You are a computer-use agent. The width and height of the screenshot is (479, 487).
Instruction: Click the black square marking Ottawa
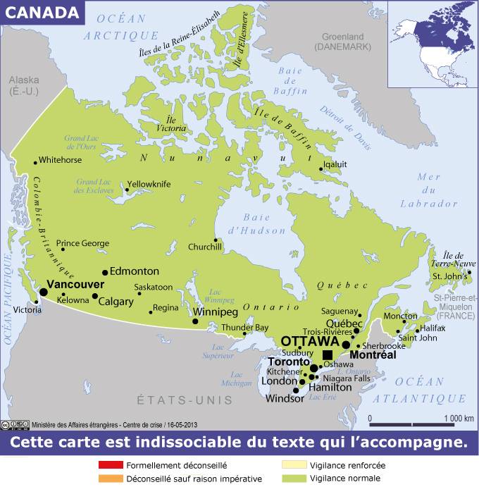tap(328, 355)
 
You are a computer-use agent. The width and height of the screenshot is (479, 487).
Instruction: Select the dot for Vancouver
tap(43, 292)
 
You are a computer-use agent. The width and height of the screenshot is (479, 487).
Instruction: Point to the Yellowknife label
tap(149, 184)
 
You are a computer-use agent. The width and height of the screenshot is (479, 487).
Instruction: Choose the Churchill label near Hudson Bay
tap(205, 247)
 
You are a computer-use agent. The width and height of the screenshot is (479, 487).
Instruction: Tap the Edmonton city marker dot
tap(105, 272)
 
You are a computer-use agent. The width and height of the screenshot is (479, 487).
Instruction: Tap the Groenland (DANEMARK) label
tap(342, 41)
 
